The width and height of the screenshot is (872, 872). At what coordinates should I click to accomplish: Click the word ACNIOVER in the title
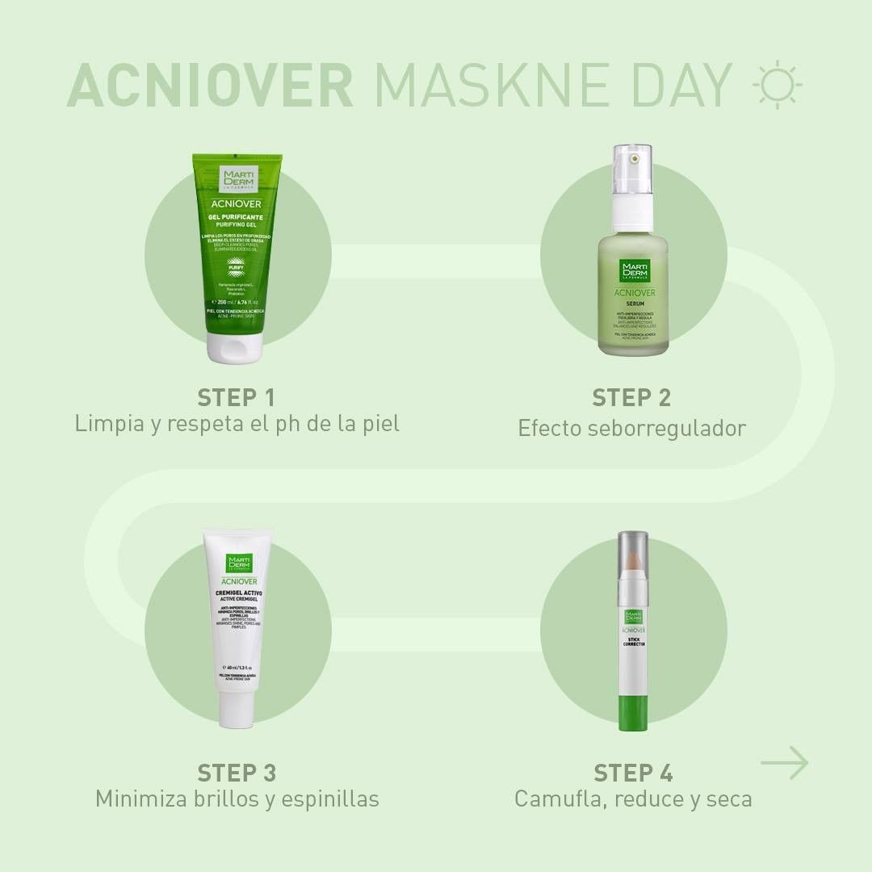click(x=210, y=85)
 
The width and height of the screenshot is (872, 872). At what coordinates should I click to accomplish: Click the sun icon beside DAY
click(x=777, y=84)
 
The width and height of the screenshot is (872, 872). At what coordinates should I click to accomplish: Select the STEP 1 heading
click(x=237, y=397)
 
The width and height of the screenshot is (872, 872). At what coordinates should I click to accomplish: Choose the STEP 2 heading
click(x=631, y=397)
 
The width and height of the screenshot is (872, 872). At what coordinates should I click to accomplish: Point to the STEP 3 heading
click(x=237, y=773)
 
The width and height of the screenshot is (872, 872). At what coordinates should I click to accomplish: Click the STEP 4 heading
click(x=633, y=773)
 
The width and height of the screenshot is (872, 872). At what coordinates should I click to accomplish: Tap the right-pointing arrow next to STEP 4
click(x=784, y=763)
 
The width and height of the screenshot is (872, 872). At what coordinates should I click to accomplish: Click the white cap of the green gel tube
click(x=233, y=346)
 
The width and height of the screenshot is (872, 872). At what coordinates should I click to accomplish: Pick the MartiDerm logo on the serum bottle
click(x=633, y=270)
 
